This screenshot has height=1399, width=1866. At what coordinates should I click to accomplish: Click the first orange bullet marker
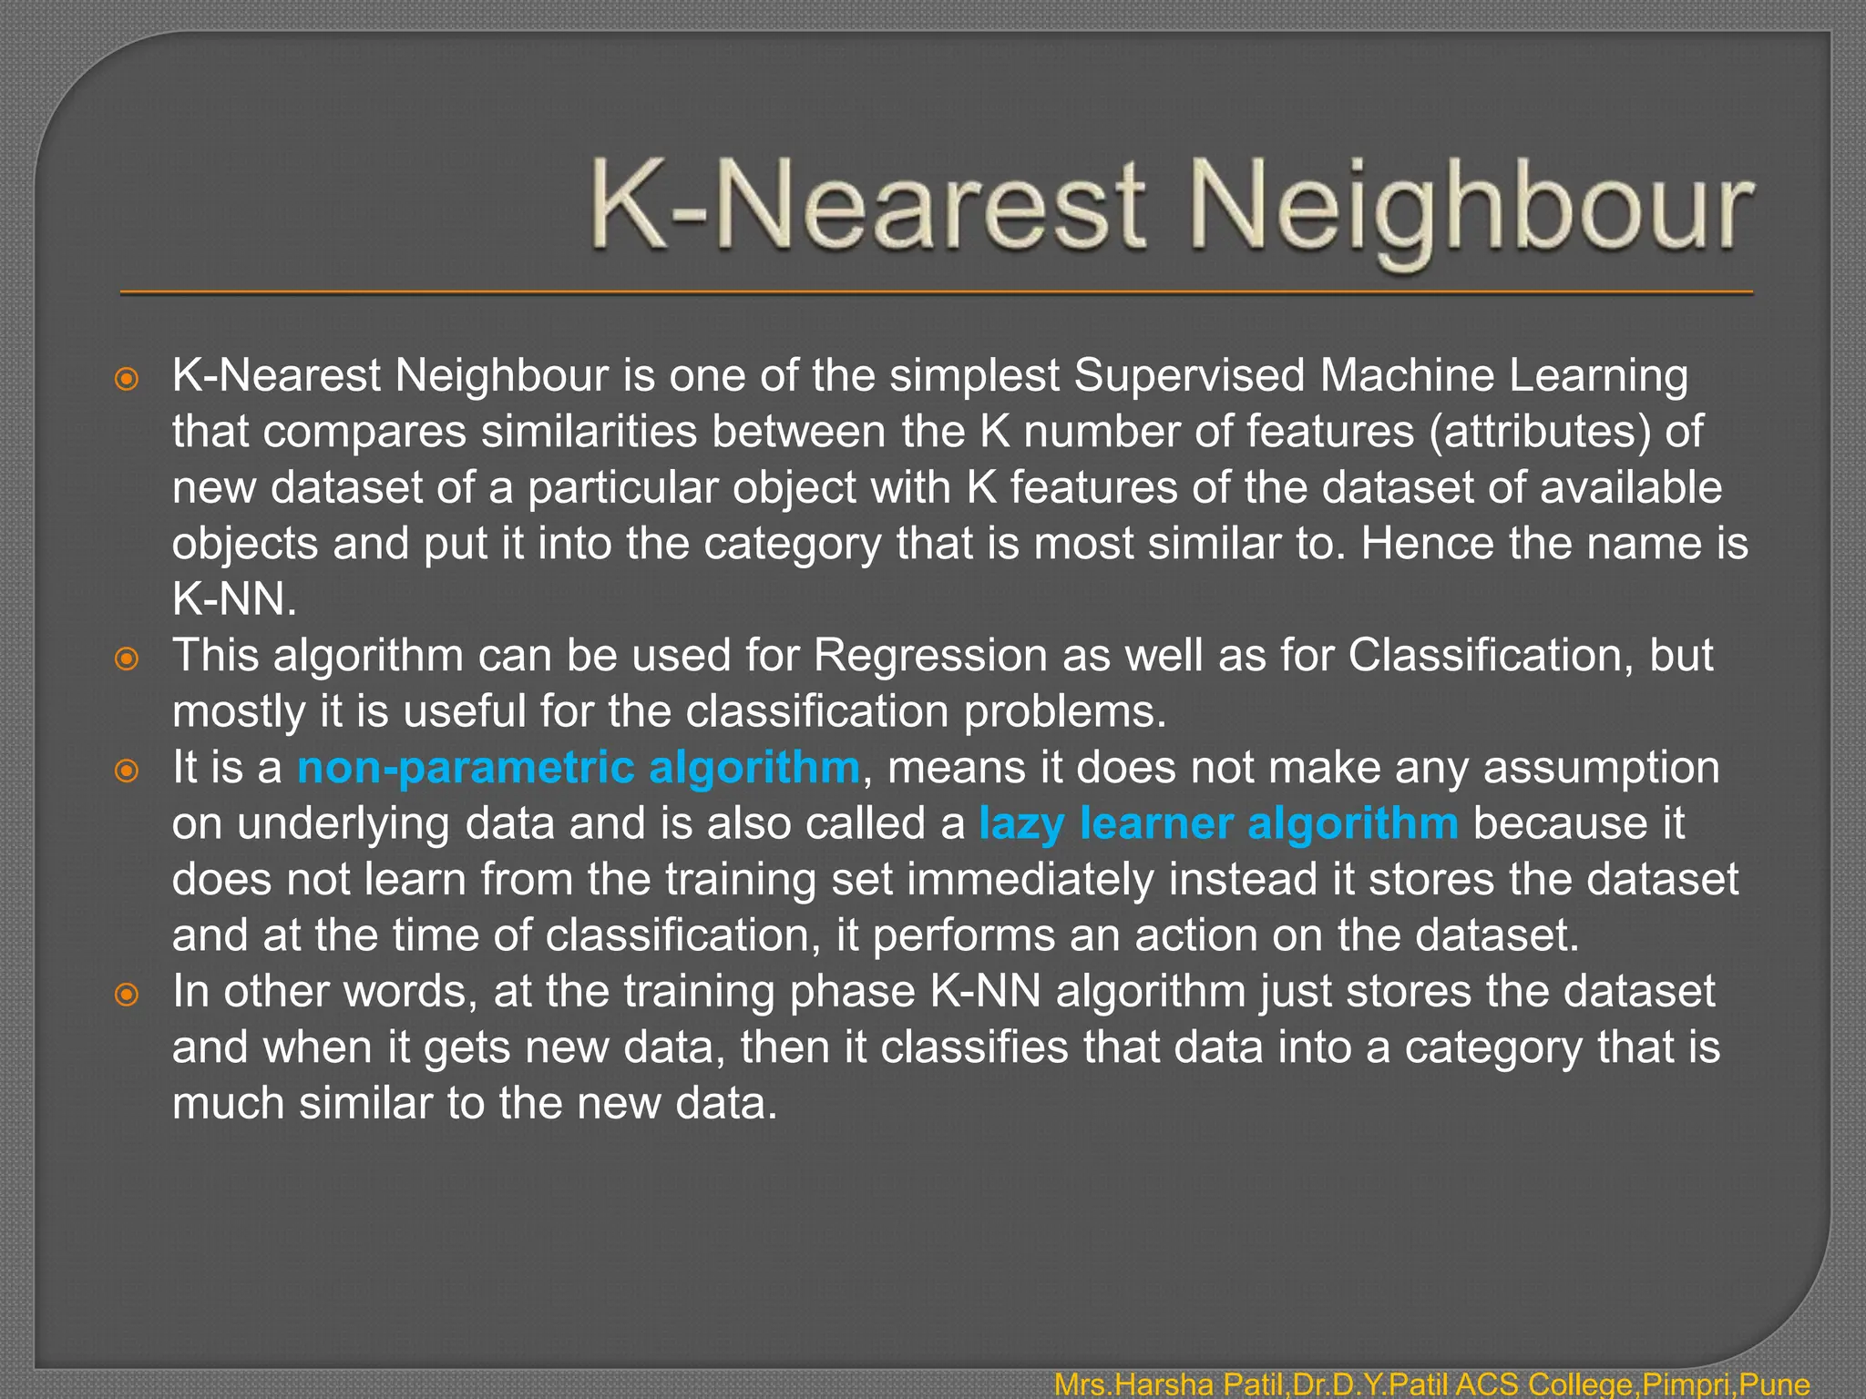[x=127, y=379]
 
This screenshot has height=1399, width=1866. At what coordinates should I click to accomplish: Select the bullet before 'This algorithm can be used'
[x=127, y=659]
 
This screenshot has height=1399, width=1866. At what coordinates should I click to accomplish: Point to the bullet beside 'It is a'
[x=127, y=771]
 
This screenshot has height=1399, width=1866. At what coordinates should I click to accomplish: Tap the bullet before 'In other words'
[x=127, y=995]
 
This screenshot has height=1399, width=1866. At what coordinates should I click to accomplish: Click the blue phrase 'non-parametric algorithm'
[x=579, y=768]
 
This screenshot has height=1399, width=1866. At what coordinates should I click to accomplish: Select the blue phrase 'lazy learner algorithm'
[x=1218, y=823]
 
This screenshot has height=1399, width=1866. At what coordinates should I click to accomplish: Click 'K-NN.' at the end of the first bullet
[x=234, y=599]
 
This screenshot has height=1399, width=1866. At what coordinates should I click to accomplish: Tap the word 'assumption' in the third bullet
[x=1601, y=768]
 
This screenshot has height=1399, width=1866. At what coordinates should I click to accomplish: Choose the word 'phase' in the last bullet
[x=852, y=992]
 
